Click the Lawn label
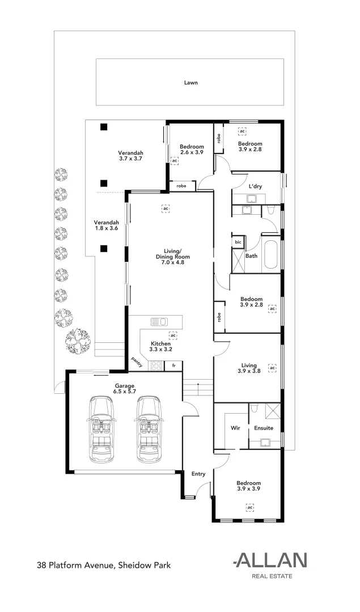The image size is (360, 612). [190, 83]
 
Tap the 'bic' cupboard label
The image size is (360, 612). [238, 243]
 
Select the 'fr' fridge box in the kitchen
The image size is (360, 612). [174, 366]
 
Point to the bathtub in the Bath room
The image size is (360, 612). [270, 254]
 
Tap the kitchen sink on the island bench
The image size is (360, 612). [158, 322]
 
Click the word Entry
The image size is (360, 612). [198, 474]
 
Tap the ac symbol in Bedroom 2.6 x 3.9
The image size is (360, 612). [174, 161]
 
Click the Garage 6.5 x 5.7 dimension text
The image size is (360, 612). [124, 392]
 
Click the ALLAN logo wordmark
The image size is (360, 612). [271, 561]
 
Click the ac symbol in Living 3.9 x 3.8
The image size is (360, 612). [272, 368]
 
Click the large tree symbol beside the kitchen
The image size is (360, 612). [77, 342]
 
